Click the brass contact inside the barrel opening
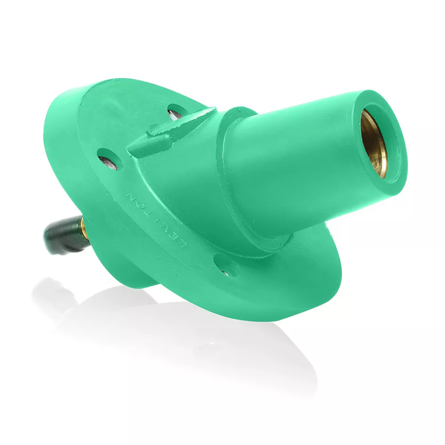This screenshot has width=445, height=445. pyautogui.click(x=373, y=142)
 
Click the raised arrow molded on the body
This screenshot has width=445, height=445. pyautogui.click(x=171, y=133)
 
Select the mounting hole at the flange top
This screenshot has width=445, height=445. pyautogui.click(x=177, y=111)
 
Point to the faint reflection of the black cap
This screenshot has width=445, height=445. pyautogui.click(x=56, y=289)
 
